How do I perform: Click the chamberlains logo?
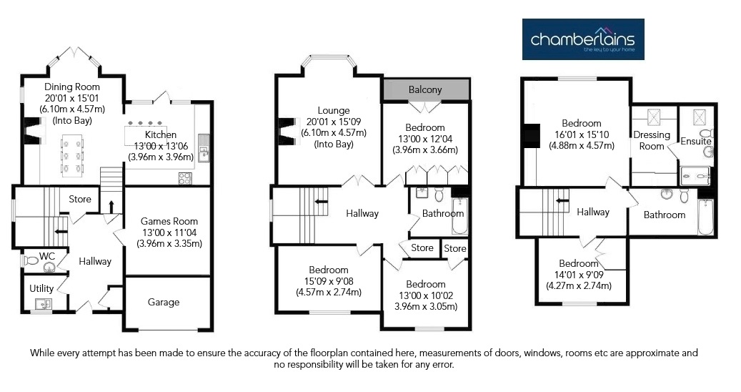582,39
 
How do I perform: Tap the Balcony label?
425,89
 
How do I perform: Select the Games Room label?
169,221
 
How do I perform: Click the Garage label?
164,302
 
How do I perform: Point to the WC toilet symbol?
31,260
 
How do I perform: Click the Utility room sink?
44,305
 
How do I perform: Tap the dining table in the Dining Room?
72,155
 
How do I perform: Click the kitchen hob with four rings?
185,178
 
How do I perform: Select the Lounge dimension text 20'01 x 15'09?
334,122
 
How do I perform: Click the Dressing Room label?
652,140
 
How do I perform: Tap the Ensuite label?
696,141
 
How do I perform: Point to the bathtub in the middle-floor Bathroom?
459,216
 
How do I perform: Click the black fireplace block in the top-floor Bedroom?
531,135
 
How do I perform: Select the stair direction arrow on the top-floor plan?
562,200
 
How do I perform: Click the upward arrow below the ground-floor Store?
111,207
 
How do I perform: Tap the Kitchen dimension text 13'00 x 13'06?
161,146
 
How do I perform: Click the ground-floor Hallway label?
95,261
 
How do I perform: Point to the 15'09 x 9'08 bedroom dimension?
329,281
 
